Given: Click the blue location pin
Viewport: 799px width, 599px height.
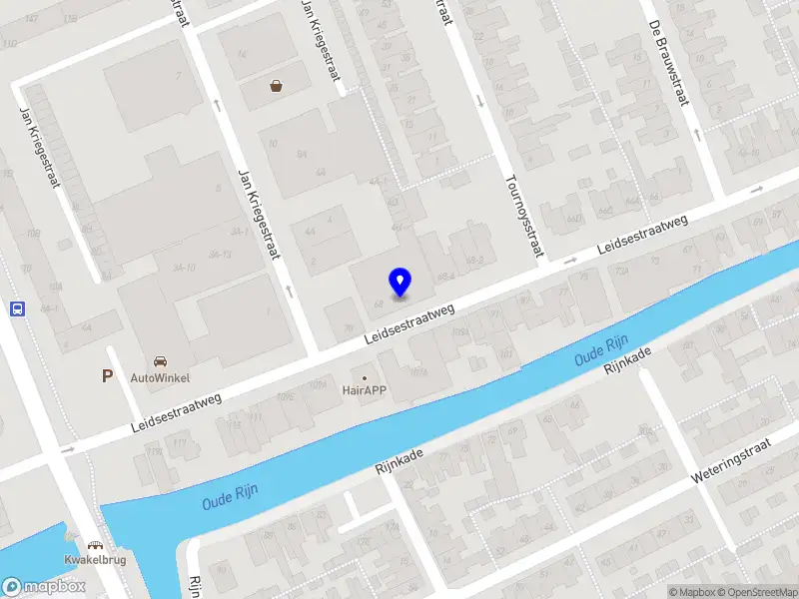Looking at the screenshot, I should pyautogui.click(x=399, y=282).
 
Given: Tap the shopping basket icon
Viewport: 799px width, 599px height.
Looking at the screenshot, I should pyautogui.click(x=276, y=87).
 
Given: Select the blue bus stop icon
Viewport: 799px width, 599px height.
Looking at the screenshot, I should pyautogui.click(x=17, y=308).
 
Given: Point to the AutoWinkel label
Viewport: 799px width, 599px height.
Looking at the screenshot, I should pyautogui.click(x=160, y=378).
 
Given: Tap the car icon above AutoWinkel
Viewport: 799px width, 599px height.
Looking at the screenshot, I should pyautogui.click(x=160, y=360).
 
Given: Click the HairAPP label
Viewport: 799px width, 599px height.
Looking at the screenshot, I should pyautogui.click(x=365, y=391).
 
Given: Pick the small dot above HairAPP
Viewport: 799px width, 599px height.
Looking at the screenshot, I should pyautogui.click(x=365, y=377).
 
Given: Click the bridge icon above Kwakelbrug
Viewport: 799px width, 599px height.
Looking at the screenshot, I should pyautogui.click(x=94, y=546).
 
